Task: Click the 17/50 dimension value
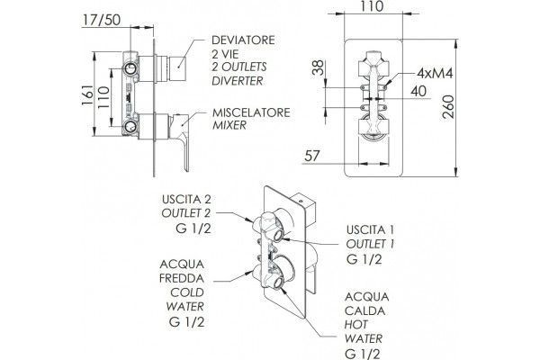coord(102,20)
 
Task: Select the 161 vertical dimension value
coord(88,95)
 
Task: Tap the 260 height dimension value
coord(448,107)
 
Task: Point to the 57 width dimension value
coord(312,156)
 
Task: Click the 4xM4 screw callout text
coord(435,73)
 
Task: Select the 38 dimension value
coord(318,67)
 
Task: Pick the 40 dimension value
coord(418,91)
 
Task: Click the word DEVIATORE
coord(243,40)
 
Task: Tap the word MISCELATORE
coord(251,112)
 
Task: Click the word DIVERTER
coord(238,81)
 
